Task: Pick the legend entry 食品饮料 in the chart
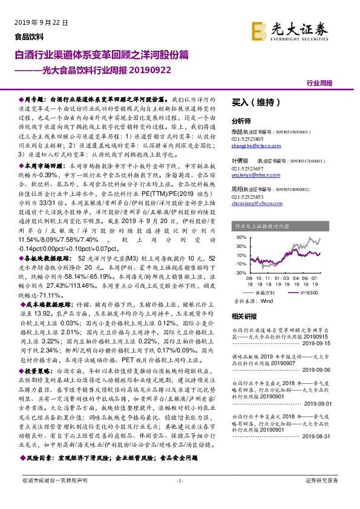pos(265,292)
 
